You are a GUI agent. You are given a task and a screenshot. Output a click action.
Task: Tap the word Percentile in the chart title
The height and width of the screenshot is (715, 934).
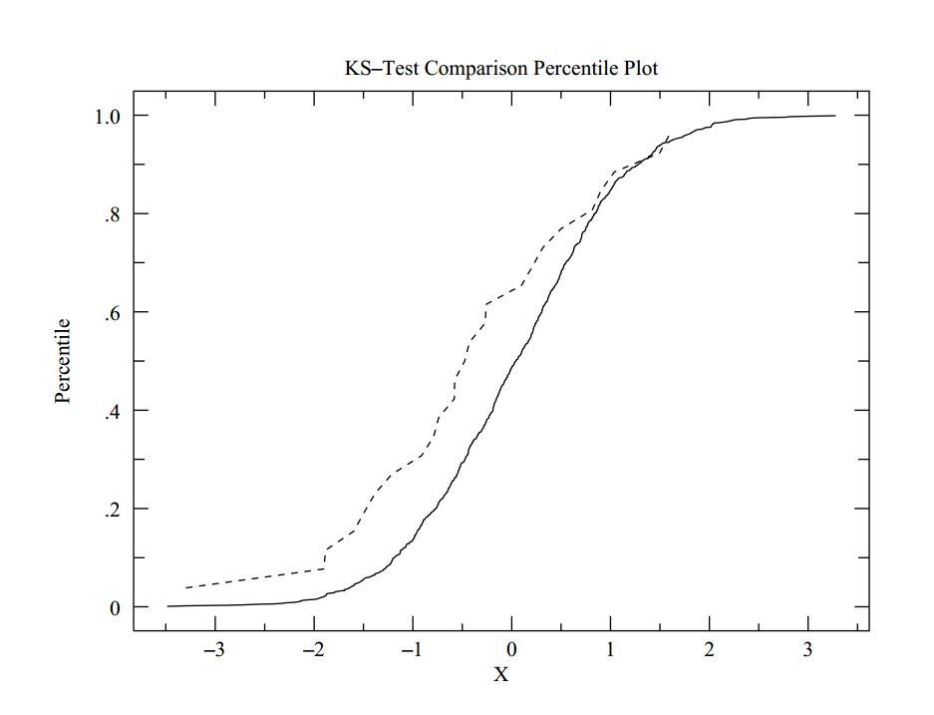[x=570, y=69]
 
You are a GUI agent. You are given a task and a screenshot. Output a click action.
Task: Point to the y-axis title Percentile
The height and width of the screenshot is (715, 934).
[x=64, y=361]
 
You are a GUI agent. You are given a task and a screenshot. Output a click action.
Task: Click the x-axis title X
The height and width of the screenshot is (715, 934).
[x=501, y=674]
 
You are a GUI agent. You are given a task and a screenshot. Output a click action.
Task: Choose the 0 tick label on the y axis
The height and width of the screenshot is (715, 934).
[x=115, y=607]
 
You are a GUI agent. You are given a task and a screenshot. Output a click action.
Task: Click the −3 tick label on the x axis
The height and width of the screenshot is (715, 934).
[x=213, y=650]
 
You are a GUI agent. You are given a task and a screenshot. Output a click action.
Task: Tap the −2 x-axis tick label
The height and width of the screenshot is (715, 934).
[x=312, y=650]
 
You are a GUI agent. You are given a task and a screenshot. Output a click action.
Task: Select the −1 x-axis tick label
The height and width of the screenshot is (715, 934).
[x=411, y=650]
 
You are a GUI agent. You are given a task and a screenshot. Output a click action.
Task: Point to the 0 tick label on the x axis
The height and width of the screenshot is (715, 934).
[x=511, y=650]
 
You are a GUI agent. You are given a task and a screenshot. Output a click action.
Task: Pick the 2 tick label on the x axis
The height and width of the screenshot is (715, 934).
[x=710, y=650]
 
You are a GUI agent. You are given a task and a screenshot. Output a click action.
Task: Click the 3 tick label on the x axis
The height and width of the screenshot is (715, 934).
[x=808, y=650]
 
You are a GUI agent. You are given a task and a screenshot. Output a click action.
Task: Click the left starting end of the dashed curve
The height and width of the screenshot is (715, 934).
[x=185, y=588]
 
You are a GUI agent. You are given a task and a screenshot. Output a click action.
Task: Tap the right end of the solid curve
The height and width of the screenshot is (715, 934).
[x=834, y=116]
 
